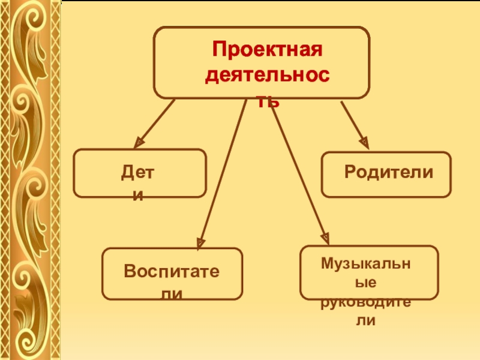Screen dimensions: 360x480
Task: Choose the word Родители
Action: (389, 172)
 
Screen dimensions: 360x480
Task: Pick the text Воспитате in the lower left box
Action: (172, 271)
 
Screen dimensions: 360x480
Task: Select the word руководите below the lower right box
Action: (365, 302)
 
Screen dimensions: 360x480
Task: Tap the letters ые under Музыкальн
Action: (365, 283)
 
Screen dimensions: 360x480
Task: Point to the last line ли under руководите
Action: (365, 321)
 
